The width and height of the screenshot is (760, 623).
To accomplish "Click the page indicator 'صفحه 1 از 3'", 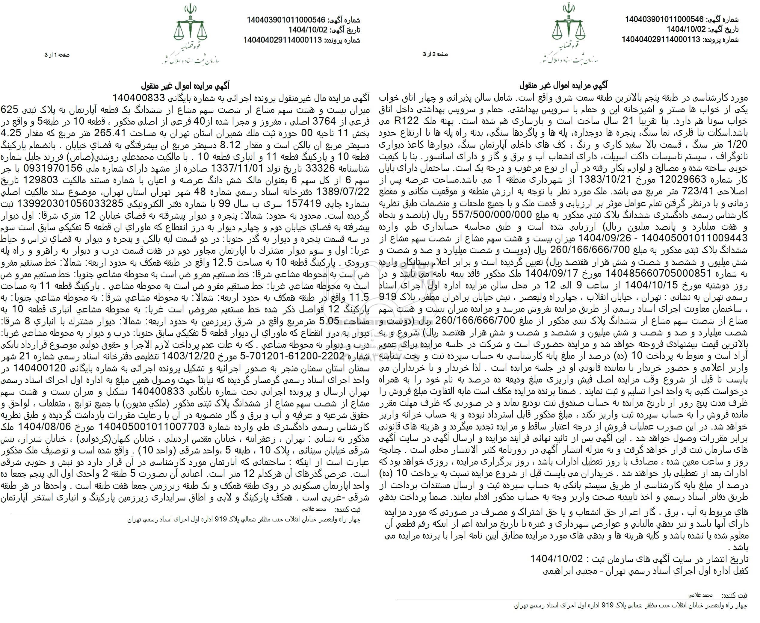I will point(56,55).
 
